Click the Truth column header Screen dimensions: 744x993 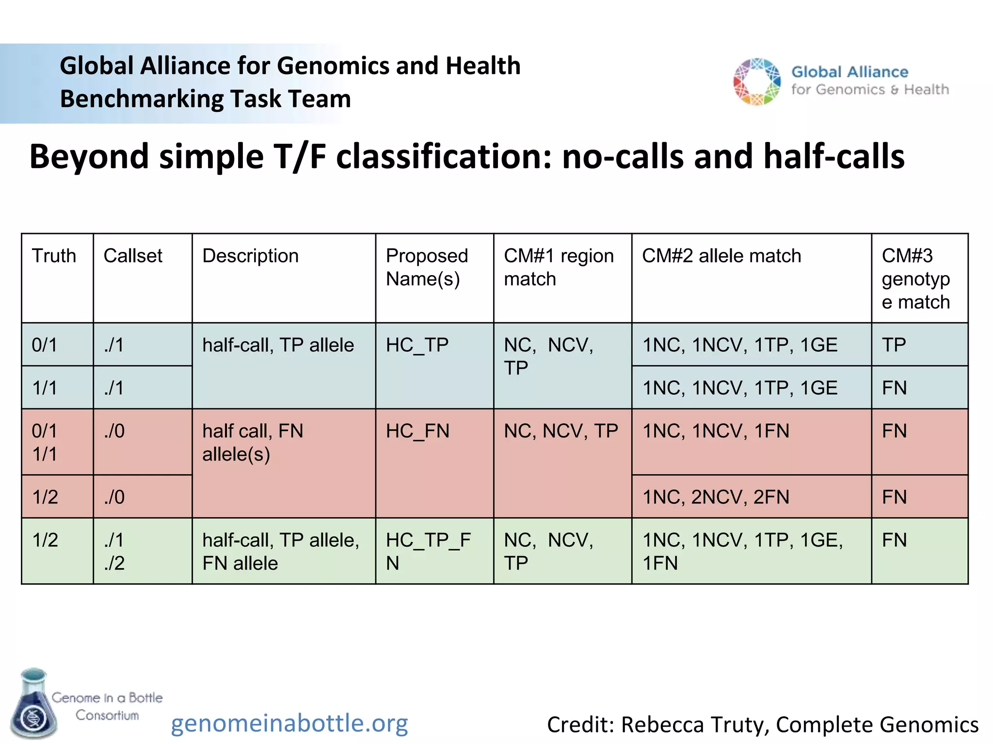(54, 256)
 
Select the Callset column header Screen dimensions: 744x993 (133, 256)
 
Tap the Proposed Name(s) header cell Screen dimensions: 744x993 (427, 267)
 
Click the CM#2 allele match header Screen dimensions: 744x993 (721, 256)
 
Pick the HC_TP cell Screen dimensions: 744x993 (417, 345)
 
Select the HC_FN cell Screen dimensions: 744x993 (417, 431)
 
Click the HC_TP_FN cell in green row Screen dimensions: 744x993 (428, 551)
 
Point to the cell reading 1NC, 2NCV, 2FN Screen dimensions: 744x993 (716, 497)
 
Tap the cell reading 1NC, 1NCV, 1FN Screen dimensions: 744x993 (716, 431)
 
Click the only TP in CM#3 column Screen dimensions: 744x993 (894, 345)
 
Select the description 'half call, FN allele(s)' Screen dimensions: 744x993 (253, 442)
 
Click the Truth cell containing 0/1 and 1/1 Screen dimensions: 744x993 (45, 442)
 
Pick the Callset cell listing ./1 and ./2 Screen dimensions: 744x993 (114, 551)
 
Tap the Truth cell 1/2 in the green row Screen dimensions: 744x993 (45, 540)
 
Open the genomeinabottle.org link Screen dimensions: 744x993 (289, 723)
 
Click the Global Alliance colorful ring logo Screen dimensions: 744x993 (757, 81)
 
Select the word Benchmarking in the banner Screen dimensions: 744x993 (141, 99)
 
